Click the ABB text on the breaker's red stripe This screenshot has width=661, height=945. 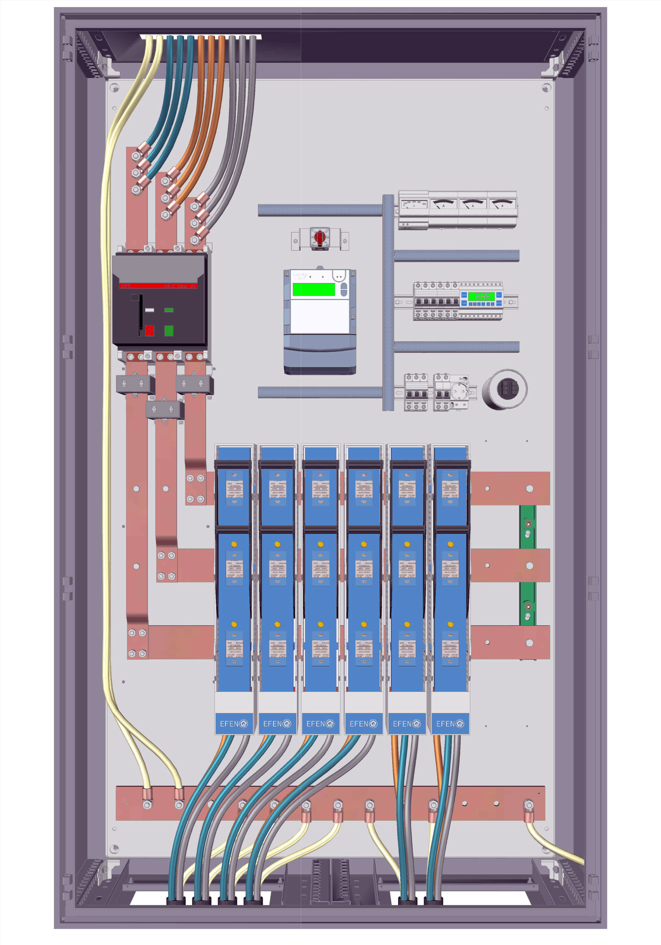(125, 286)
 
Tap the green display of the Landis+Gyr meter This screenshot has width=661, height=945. (313, 289)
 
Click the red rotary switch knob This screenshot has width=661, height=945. (319, 237)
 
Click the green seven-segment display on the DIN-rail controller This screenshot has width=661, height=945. (482, 296)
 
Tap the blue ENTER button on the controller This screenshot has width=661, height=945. (499, 303)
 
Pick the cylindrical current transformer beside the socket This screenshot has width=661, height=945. (505, 389)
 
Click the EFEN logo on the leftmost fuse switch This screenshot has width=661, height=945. (234, 724)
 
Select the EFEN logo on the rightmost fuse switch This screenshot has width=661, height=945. (450, 724)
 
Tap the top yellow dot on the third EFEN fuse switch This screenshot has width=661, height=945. (320, 544)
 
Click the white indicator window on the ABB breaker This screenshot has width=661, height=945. (150, 310)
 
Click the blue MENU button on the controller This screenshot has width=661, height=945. (464, 295)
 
